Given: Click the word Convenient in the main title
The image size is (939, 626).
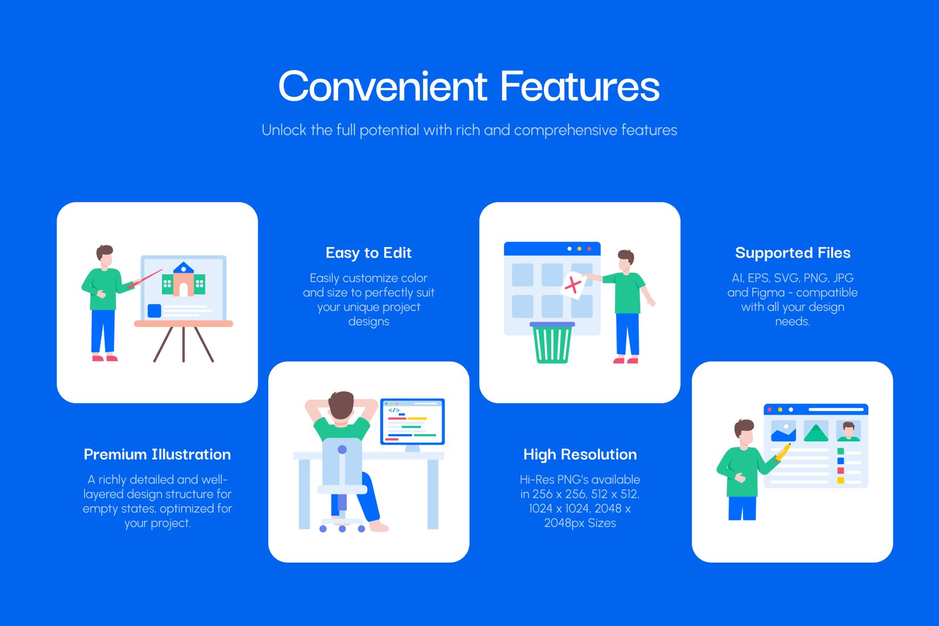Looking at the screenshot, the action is [x=383, y=86].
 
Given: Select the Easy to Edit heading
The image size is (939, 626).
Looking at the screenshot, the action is [x=369, y=253].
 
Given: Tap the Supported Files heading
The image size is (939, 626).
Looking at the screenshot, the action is [x=792, y=253].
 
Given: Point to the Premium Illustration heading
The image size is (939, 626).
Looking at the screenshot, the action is [x=157, y=454].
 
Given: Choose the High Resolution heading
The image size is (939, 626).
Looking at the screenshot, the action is [x=580, y=455].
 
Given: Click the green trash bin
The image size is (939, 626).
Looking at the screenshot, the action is [x=552, y=342].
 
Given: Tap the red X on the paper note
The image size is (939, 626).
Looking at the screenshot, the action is [x=573, y=285].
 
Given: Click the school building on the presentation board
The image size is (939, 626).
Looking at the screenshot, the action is [x=183, y=279].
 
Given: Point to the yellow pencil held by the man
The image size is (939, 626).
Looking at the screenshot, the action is [x=783, y=452].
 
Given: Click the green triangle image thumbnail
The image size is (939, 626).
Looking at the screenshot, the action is [x=816, y=432].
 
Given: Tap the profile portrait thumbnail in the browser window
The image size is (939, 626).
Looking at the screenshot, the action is [x=849, y=431].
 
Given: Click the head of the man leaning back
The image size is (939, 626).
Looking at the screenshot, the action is [x=341, y=405].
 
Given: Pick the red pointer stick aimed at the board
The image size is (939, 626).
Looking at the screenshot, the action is [x=145, y=278].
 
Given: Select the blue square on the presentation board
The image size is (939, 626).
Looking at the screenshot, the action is [x=154, y=310].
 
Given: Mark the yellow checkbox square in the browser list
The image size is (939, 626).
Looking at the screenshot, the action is [x=840, y=481].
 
